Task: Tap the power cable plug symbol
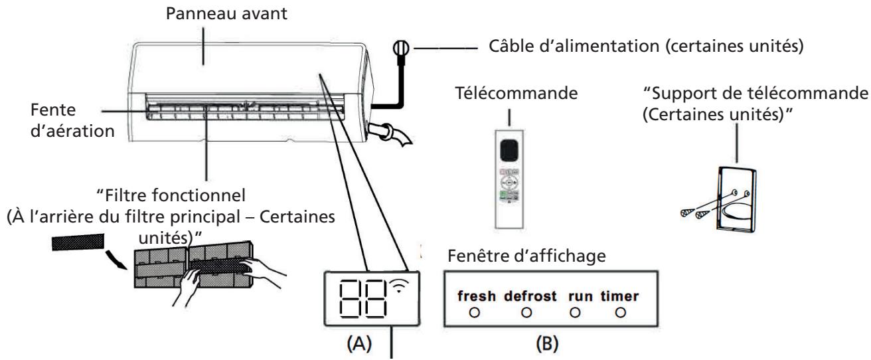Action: tap(401, 49)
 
